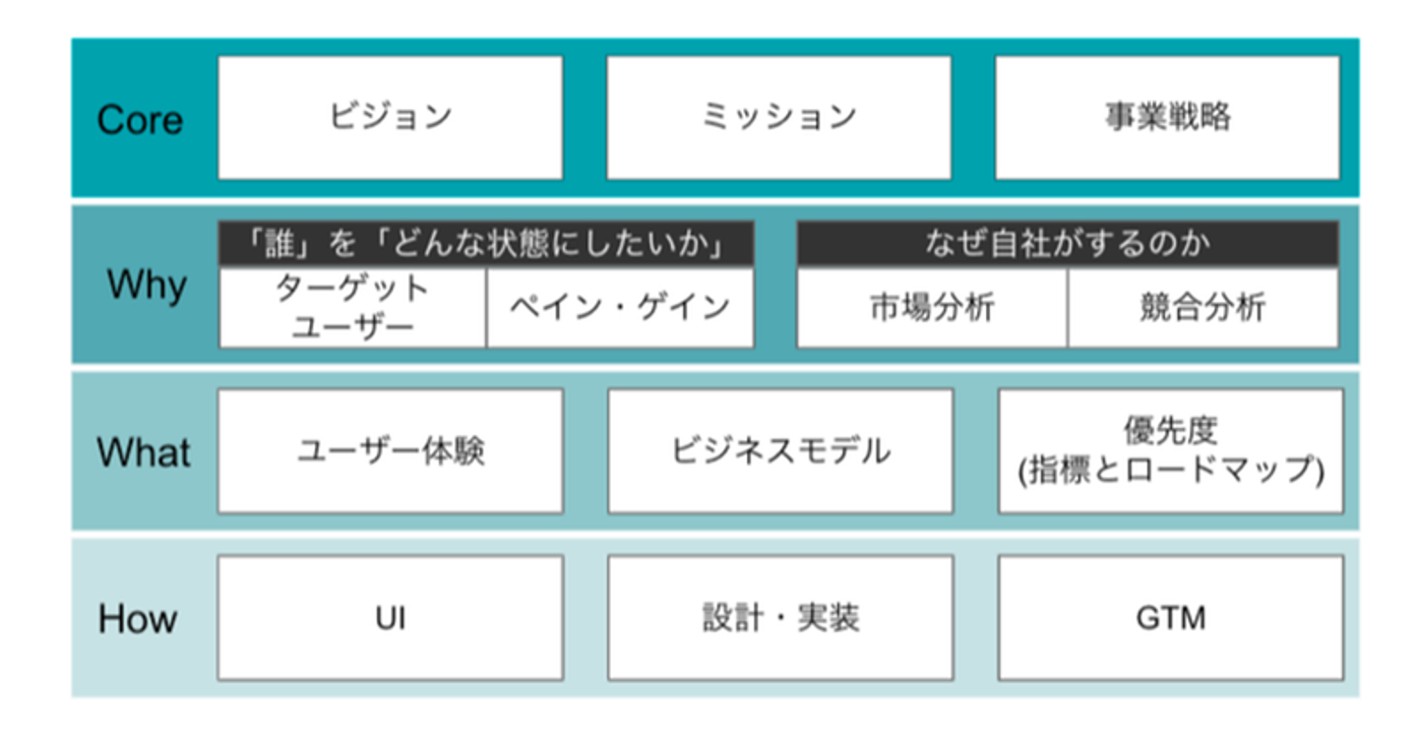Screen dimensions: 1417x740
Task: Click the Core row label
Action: click(140, 119)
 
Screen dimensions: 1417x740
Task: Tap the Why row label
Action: click(147, 285)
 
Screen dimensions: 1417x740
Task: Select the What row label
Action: click(144, 452)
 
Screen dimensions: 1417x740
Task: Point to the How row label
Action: click(138, 618)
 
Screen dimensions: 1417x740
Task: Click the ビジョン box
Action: click(391, 118)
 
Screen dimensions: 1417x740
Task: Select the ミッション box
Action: click(778, 118)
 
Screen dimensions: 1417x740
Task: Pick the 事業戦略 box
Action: click(1168, 118)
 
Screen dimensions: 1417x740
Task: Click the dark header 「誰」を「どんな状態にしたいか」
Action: click(486, 243)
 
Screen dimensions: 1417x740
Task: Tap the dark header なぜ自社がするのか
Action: click(1068, 243)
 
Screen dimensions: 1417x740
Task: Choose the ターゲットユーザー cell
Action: click(352, 308)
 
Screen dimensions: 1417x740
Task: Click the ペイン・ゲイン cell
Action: click(621, 308)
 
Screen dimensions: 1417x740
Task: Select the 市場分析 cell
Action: click(932, 308)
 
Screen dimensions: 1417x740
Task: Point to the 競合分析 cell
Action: click(1203, 308)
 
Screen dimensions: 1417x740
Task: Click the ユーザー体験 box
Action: click(391, 451)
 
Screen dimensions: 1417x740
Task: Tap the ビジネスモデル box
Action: click(780, 451)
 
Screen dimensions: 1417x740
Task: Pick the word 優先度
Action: click(1170, 431)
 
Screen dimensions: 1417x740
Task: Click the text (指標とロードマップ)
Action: click(1171, 470)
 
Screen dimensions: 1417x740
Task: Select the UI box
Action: click(391, 618)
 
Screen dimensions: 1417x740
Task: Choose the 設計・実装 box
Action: click(780, 618)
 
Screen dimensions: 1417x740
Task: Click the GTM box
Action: click(1171, 618)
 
